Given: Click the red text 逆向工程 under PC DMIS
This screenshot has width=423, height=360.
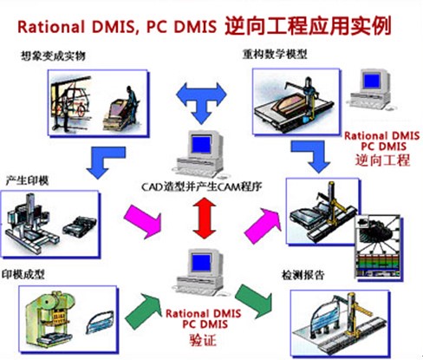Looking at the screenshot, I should pos(379,161).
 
